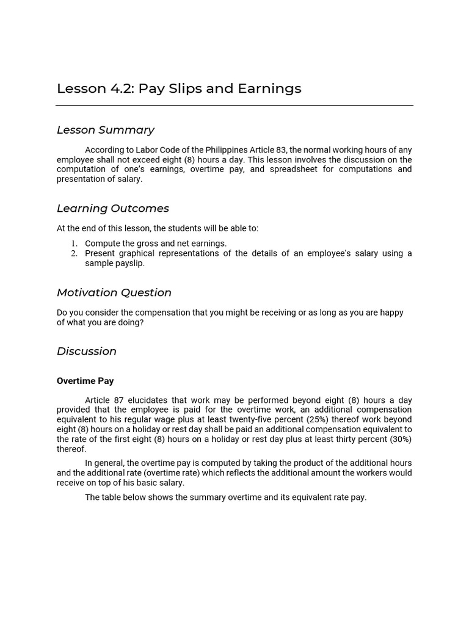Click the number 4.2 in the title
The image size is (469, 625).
tap(122, 89)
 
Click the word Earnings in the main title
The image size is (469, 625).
tap(269, 89)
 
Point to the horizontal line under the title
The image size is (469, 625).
tap(234, 106)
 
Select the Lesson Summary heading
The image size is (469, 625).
tap(105, 130)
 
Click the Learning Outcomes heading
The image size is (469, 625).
tap(112, 209)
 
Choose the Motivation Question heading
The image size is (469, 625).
tap(114, 293)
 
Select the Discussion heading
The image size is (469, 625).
tap(86, 352)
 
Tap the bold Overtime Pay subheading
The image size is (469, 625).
tap(85, 381)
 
